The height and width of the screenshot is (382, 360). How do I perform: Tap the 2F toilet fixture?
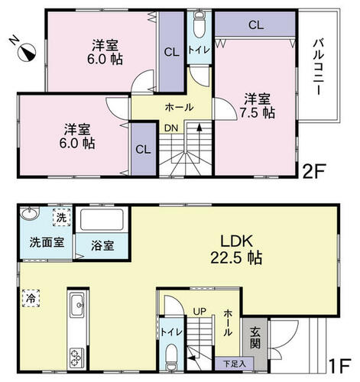click(x=199, y=24)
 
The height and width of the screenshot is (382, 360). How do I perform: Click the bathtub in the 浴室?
click(x=102, y=220)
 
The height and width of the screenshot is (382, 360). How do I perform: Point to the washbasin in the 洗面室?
click(x=30, y=213)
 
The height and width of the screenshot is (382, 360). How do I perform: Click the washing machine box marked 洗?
click(x=61, y=218)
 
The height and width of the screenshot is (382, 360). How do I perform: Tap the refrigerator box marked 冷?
click(x=31, y=298)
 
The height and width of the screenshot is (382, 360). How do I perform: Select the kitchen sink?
click(x=77, y=306)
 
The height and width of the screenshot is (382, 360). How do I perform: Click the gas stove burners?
click(x=77, y=358)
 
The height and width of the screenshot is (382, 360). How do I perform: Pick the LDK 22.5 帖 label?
click(x=236, y=249)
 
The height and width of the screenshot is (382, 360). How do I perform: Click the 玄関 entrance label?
click(x=255, y=338)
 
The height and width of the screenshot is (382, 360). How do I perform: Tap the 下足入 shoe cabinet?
click(x=235, y=364)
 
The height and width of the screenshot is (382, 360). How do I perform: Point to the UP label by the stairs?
click(x=199, y=311)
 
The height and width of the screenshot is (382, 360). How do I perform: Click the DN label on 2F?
click(x=171, y=128)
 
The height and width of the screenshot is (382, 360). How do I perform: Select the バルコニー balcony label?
click(x=319, y=67)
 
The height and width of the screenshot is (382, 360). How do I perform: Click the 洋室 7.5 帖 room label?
click(x=258, y=105)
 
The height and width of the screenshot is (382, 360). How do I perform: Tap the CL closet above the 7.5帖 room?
click(x=256, y=25)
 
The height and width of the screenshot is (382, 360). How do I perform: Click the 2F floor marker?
click(x=313, y=171)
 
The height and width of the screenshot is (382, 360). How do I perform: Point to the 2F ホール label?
click(x=179, y=107)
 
